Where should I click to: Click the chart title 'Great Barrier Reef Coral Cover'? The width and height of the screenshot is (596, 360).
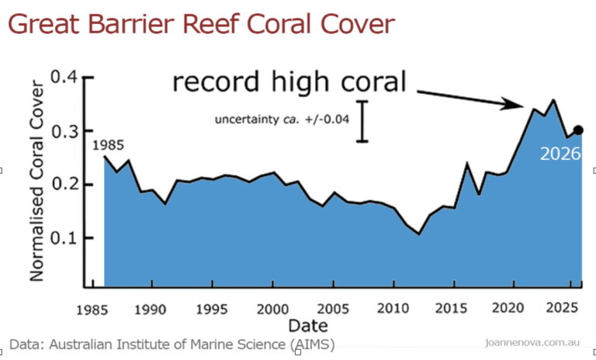pyautogui.click(x=202, y=23)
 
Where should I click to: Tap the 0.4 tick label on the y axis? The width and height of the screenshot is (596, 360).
pyautogui.click(x=64, y=77)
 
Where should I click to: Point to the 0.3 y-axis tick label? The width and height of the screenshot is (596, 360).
pyautogui.click(x=64, y=132)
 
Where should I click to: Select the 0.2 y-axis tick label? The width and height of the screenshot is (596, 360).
pyautogui.click(x=64, y=184)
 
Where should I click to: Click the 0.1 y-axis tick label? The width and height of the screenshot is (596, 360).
pyautogui.click(x=64, y=238)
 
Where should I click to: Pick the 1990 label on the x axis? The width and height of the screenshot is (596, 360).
pyautogui.click(x=150, y=310)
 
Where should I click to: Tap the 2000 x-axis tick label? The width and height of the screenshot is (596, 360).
pyautogui.click(x=272, y=309)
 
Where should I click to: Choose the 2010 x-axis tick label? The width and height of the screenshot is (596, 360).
pyautogui.click(x=393, y=308)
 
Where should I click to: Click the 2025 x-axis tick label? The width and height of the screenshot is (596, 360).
pyautogui.click(x=562, y=307)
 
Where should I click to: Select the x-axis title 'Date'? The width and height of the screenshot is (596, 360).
pyautogui.click(x=308, y=326)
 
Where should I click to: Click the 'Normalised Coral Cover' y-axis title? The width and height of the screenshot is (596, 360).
pyautogui.click(x=37, y=181)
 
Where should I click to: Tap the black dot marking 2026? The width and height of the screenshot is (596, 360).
pyautogui.click(x=578, y=130)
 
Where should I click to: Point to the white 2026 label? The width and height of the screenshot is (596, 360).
pyautogui.click(x=560, y=154)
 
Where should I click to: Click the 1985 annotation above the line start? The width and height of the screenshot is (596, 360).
pyautogui.click(x=109, y=145)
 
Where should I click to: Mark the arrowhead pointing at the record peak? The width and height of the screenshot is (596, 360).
pyautogui.click(x=512, y=103)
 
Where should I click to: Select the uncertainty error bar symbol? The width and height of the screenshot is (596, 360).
pyautogui.click(x=362, y=122)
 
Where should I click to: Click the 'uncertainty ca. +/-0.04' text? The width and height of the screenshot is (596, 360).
pyautogui.click(x=282, y=119)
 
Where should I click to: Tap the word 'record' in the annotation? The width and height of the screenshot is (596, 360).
pyautogui.click(x=217, y=81)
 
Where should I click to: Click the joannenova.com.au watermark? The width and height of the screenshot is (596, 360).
pyautogui.click(x=532, y=342)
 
